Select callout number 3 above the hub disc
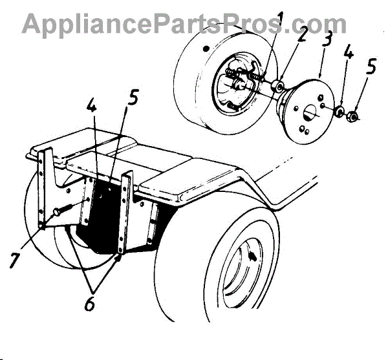(327, 39)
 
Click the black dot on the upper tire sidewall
(204, 48)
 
